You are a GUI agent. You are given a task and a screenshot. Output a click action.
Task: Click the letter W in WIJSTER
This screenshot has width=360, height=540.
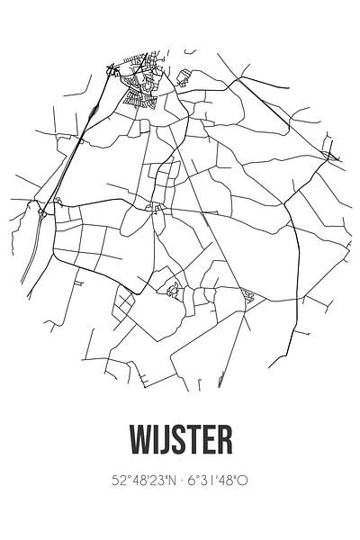pyautogui.click(x=139, y=440)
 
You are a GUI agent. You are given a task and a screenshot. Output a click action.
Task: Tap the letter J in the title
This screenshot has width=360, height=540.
pyautogui.click(x=166, y=440)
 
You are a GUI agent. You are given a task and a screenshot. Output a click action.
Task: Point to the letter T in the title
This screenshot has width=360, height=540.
pyautogui.click(x=197, y=440)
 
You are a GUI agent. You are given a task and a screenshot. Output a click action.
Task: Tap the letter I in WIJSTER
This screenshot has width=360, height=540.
pyautogui.click(x=156, y=440)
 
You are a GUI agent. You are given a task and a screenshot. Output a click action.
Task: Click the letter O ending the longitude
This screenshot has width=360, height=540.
pyautogui.click(x=244, y=481)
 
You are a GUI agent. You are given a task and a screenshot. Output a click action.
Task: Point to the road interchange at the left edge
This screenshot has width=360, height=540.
pyautogui.click(x=42, y=212)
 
